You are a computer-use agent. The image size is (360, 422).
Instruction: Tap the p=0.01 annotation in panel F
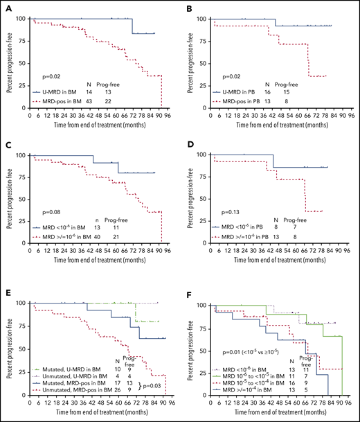(244, 362)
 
